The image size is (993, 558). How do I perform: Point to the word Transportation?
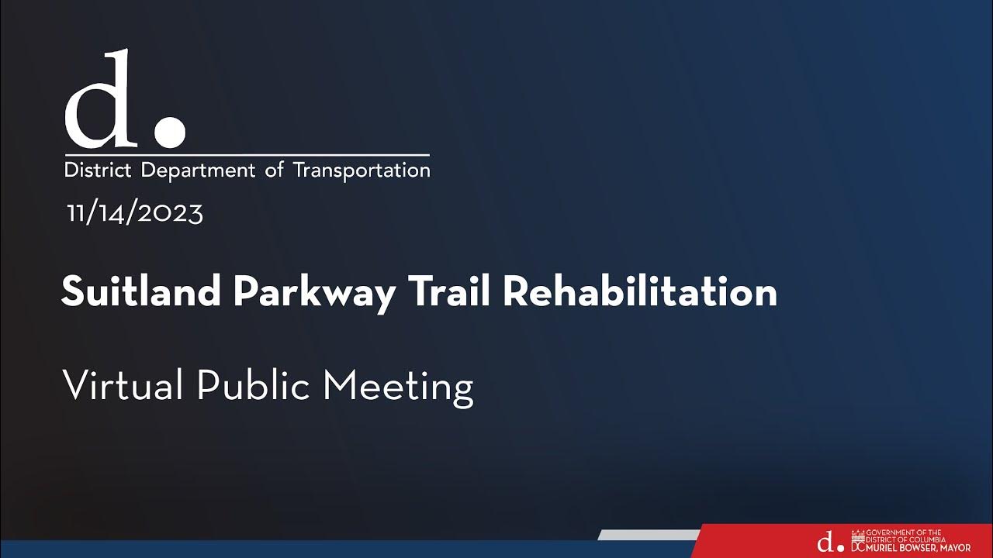(x=362, y=170)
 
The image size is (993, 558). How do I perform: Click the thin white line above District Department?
(x=247, y=156)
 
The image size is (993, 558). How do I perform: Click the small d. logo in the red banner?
(x=829, y=542)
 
